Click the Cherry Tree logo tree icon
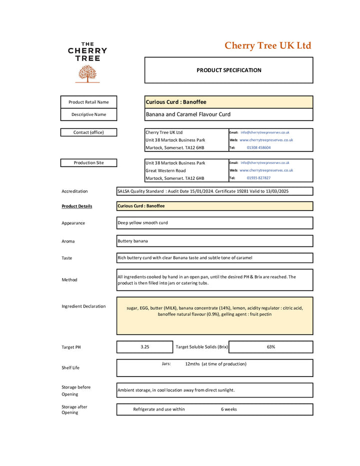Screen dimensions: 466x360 coord(87,73)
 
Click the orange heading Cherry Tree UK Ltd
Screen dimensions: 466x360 coord(267,46)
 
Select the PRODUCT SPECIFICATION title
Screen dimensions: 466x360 coord(228,70)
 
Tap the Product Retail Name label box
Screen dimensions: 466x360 coord(88,102)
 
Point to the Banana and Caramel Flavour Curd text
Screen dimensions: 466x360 coord(188,114)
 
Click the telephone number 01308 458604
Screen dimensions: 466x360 coord(258,147)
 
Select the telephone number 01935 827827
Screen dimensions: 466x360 coord(258,178)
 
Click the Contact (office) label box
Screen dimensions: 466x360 coord(88,132)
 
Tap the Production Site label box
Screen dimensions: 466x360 coord(88,163)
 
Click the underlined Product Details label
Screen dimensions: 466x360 coord(76,206)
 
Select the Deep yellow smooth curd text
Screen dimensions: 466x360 coord(142,223)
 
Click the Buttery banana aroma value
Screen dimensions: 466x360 coord(132,241)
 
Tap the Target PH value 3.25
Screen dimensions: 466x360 coord(145,347)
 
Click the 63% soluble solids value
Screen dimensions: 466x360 coord(270,347)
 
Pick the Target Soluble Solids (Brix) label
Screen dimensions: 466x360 coord(201,347)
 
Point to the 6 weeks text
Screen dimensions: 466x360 coord(229,409)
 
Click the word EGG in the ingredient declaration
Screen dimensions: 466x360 coord(144,308)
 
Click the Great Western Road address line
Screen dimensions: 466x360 coord(165,170)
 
